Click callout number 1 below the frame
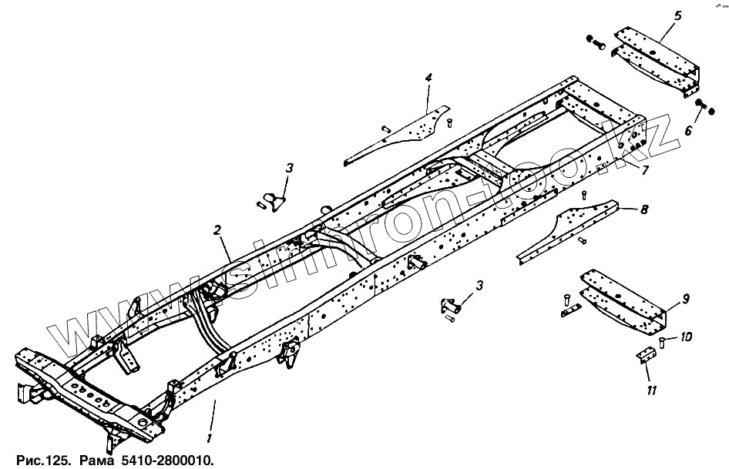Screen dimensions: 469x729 208,437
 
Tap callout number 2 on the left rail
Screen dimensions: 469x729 218,229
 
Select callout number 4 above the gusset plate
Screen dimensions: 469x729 428,78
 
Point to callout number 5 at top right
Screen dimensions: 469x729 678,15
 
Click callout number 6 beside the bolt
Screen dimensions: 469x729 689,131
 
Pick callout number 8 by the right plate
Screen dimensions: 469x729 644,208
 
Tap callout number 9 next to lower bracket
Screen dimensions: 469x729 685,299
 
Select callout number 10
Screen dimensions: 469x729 686,337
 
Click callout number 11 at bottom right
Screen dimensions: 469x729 652,391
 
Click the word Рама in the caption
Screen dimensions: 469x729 95,460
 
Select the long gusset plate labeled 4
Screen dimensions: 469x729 401,135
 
